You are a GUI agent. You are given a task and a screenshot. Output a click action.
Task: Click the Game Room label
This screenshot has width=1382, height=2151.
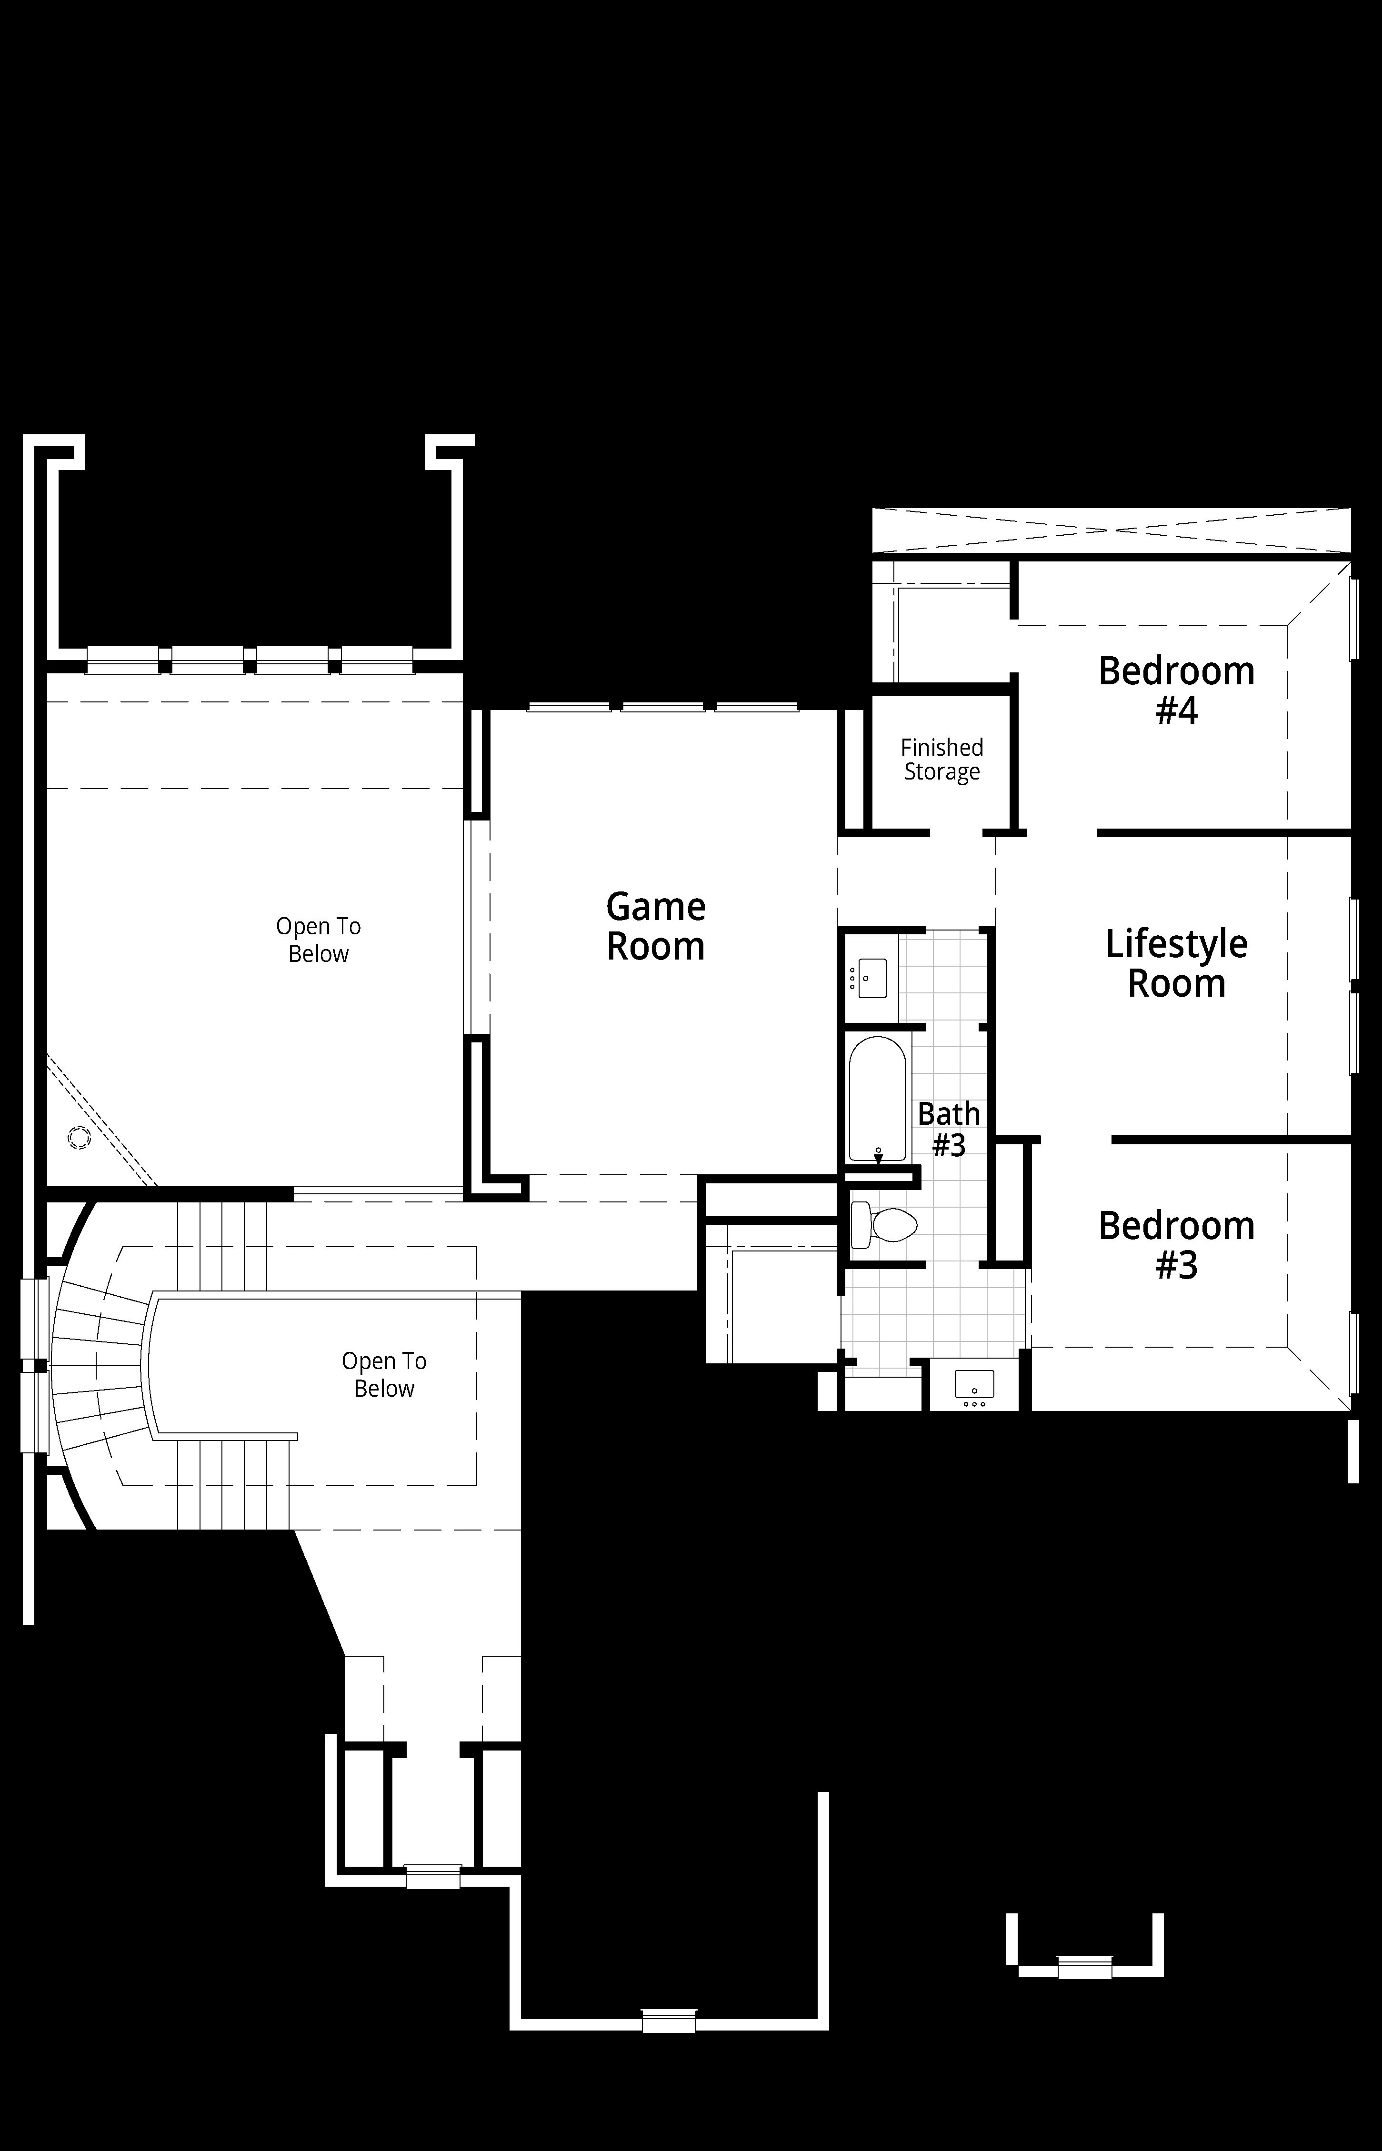[656, 926]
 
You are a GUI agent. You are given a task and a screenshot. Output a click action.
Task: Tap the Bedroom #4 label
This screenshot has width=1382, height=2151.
[1176, 690]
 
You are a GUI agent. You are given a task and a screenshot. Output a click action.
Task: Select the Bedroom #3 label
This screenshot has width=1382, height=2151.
[1176, 1245]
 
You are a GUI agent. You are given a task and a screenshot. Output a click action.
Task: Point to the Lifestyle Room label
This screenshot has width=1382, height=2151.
[1176, 963]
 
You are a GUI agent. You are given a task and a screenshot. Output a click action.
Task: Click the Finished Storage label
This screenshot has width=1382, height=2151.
[942, 759]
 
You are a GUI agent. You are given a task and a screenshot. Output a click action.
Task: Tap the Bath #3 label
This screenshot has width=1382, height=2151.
[949, 1129]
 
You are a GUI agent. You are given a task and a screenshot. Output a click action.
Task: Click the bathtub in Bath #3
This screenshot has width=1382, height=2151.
[878, 1099]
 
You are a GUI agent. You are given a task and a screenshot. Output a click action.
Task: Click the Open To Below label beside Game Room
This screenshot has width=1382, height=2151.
[319, 940]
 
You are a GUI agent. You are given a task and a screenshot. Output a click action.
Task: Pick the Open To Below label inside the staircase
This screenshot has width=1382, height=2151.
[384, 1375]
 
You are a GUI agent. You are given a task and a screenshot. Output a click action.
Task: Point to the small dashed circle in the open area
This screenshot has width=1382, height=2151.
[79, 1138]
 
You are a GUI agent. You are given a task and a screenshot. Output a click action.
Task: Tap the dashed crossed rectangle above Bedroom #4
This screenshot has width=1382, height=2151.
[1111, 530]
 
